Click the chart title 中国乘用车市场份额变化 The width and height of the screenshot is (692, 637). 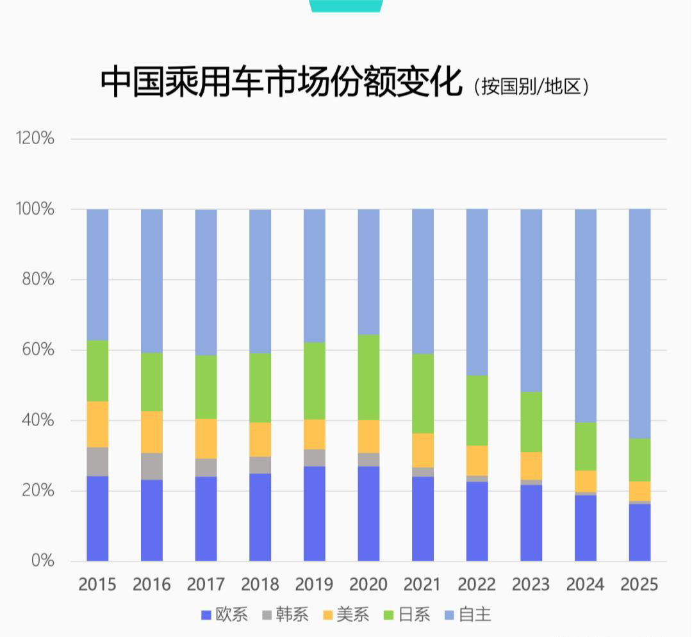point(281,81)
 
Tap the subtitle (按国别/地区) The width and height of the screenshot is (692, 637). point(531,86)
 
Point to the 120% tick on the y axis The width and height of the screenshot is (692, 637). point(35,138)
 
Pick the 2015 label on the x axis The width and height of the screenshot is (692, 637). point(97,584)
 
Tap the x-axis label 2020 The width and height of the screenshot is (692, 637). point(368,584)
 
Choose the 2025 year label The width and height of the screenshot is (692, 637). point(639,584)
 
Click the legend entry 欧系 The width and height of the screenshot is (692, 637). point(224,615)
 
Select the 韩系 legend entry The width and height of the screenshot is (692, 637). point(285,615)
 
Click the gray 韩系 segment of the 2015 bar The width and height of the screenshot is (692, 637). point(97,461)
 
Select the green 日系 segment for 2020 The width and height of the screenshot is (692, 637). point(368,377)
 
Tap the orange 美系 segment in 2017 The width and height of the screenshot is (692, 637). point(206,438)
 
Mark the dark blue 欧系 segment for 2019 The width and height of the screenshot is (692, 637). point(314,513)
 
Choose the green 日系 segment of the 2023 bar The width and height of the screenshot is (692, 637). point(531,422)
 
